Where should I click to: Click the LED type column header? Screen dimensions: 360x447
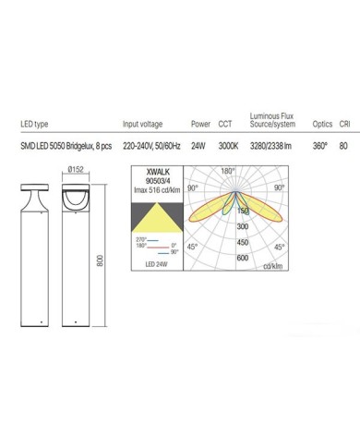[x=34, y=124]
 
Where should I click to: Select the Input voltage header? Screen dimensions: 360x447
[x=142, y=124]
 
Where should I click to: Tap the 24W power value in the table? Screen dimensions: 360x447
[x=198, y=146]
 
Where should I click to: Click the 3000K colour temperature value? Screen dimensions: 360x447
[x=228, y=146]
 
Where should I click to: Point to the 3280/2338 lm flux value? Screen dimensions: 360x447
[x=270, y=146]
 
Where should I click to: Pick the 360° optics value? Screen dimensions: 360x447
[x=320, y=146]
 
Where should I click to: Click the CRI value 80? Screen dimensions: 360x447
[x=343, y=146]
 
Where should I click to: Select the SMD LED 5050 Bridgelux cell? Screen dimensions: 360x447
[x=66, y=146]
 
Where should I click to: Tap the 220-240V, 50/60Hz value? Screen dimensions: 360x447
[x=151, y=146]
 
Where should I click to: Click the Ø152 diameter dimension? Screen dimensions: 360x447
[x=76, y=169]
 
